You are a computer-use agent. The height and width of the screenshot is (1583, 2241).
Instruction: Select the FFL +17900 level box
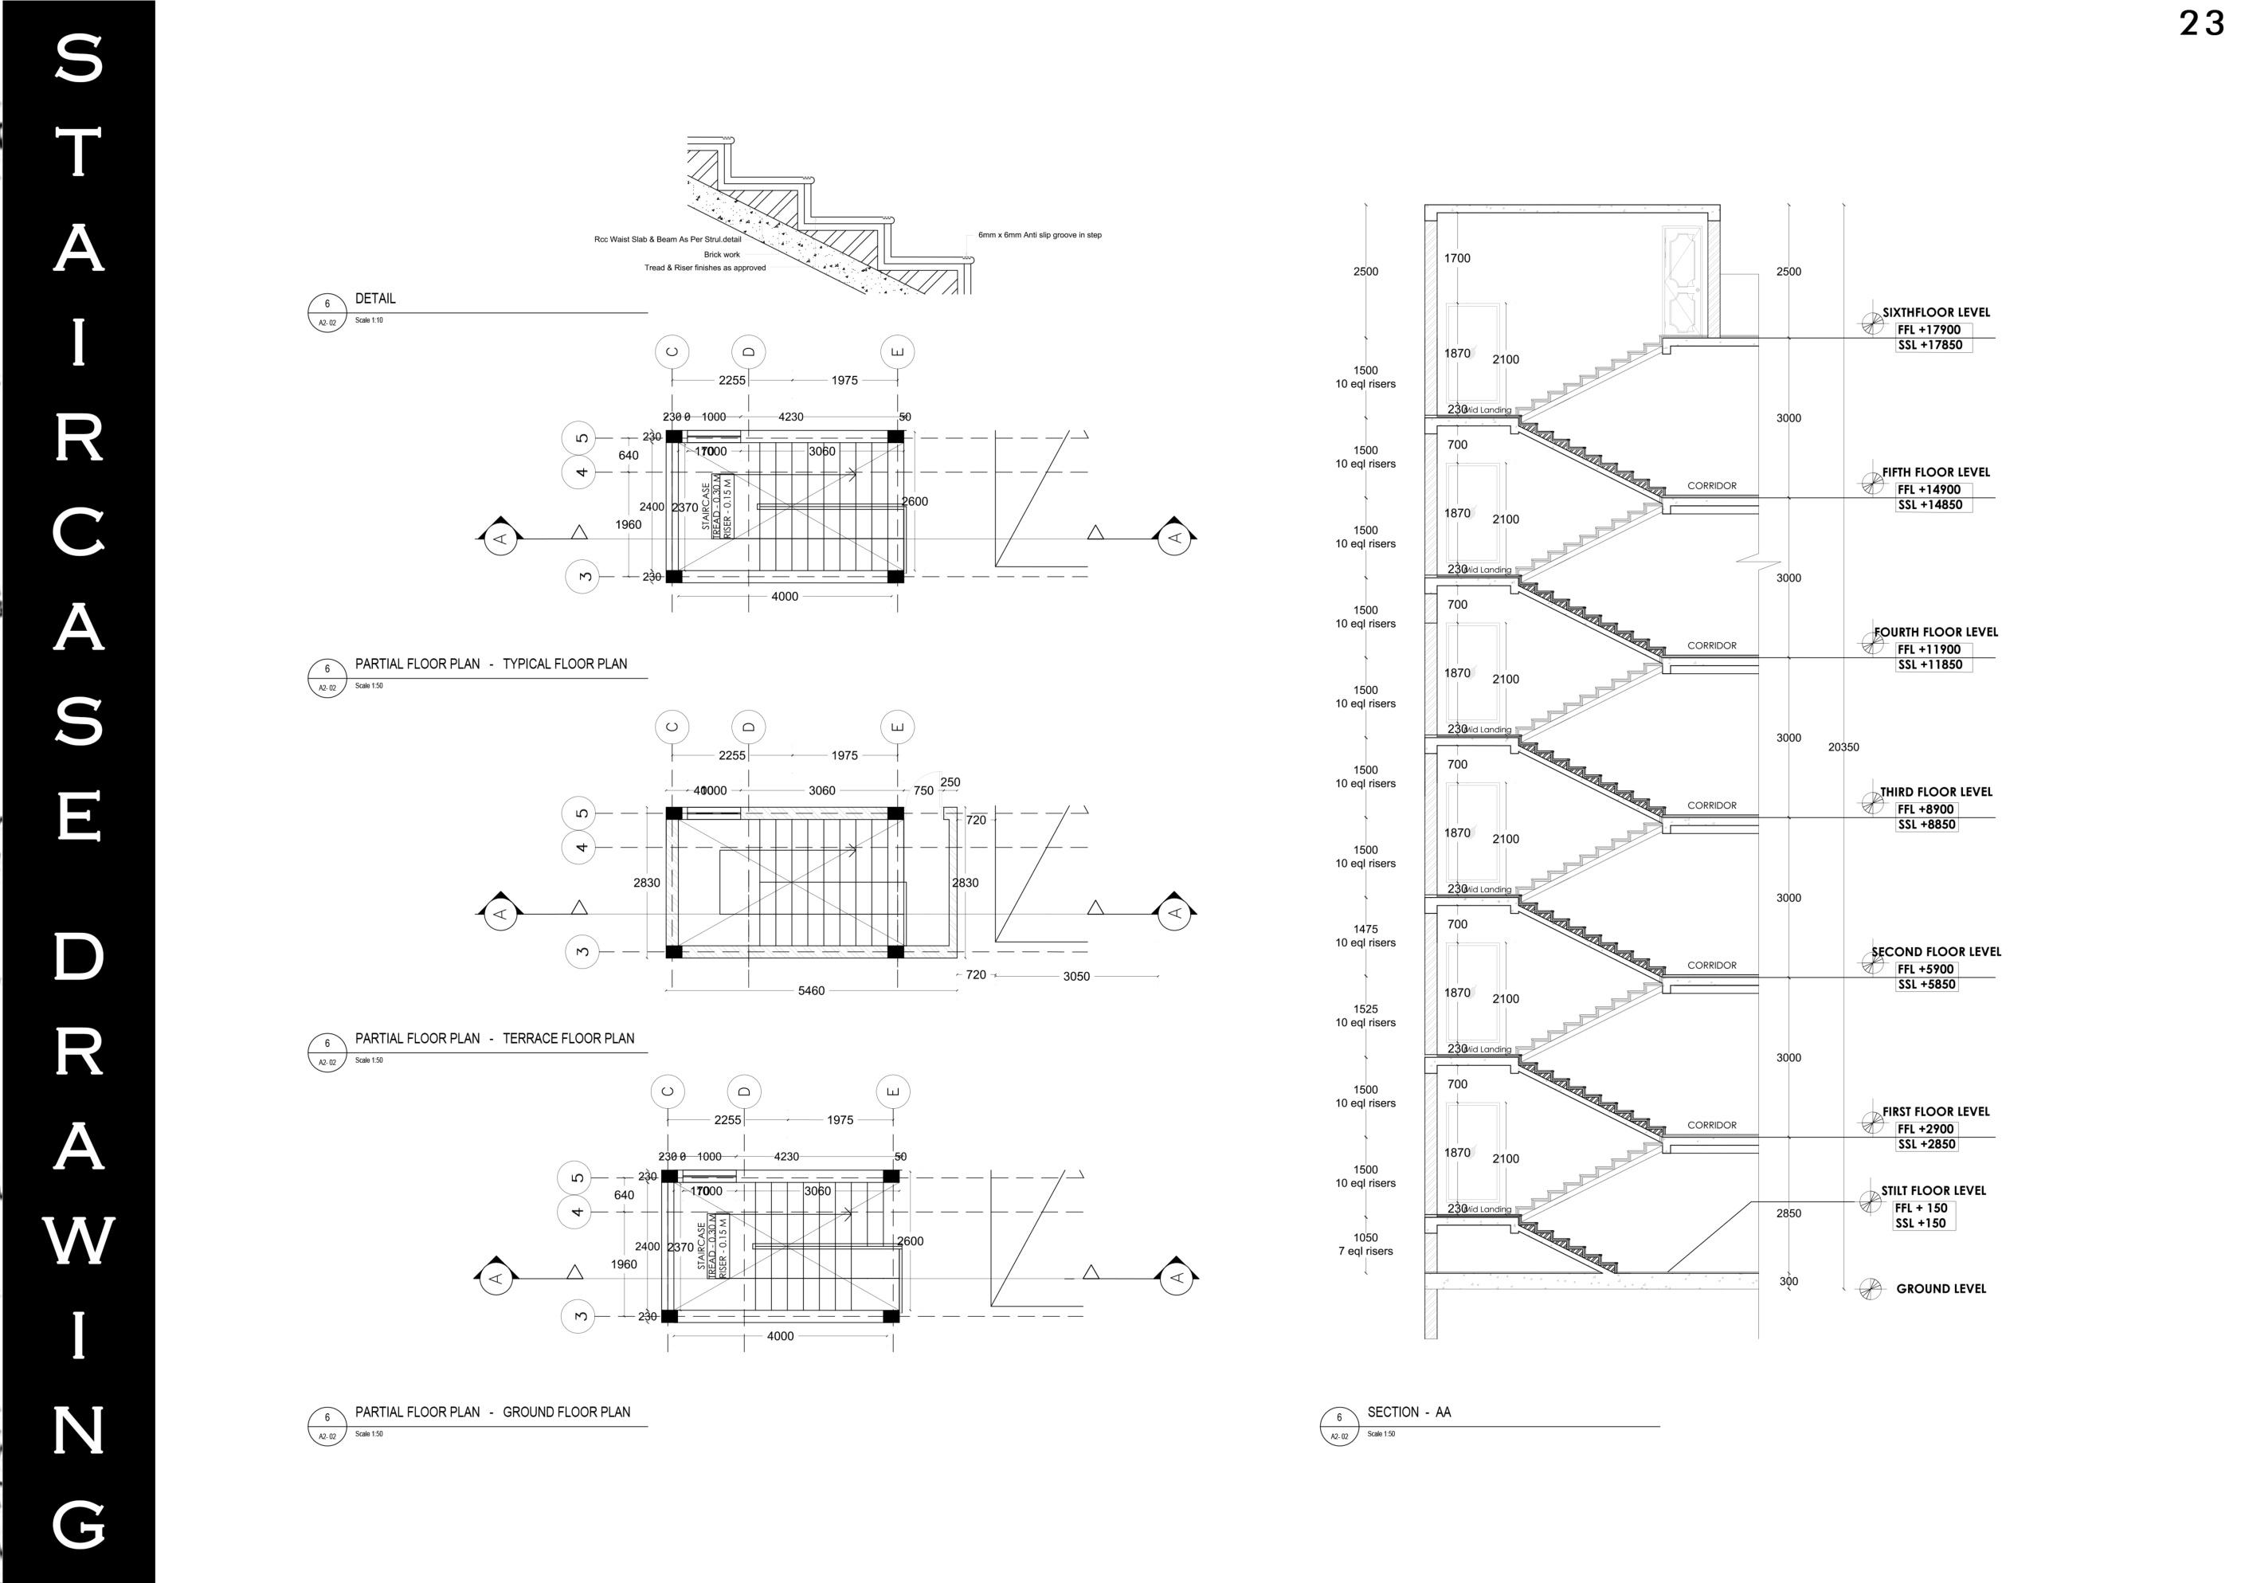click(x=1929, y=330)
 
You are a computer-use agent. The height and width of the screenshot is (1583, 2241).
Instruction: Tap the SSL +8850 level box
click(x=1926, y=825)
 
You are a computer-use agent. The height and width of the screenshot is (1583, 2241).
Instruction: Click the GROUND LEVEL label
click(x=1941, y=1289)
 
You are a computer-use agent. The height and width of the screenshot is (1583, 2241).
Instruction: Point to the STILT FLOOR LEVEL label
click(x=1933, y=1191)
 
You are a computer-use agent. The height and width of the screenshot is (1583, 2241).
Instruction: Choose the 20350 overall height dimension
click(x=1843, y=747)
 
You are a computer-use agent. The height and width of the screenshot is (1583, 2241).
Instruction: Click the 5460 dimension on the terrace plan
click(x=811, y=990)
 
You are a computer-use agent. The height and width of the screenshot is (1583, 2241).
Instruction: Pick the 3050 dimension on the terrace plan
click(x=1075, y=976)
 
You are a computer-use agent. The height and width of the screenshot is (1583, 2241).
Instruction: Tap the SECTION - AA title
click(x=1408, y=1413)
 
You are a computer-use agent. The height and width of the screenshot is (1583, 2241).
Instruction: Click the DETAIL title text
click(x=374, y=299)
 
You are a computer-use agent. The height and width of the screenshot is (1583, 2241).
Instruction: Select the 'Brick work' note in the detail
click(x=723, y=255)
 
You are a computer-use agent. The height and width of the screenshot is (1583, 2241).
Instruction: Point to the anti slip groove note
click(x=1040, y=235)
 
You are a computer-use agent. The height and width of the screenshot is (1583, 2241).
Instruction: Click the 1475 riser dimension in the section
click(x=1365, y=929)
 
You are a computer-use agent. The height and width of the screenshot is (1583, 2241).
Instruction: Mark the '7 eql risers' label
click(x=1365, y=1251)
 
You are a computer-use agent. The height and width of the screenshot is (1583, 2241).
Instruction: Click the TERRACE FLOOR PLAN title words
click(x=568, y=1038)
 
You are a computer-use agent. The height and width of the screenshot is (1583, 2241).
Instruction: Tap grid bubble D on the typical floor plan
click(x=749, y=351)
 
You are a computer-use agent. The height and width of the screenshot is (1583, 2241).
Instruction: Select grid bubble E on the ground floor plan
click(x=892, y=1091)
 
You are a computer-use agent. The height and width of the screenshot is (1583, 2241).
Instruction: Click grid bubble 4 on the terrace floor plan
click(x=579, y=847)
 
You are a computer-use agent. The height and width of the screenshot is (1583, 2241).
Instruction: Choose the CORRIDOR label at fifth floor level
click(x=1712, y=486)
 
